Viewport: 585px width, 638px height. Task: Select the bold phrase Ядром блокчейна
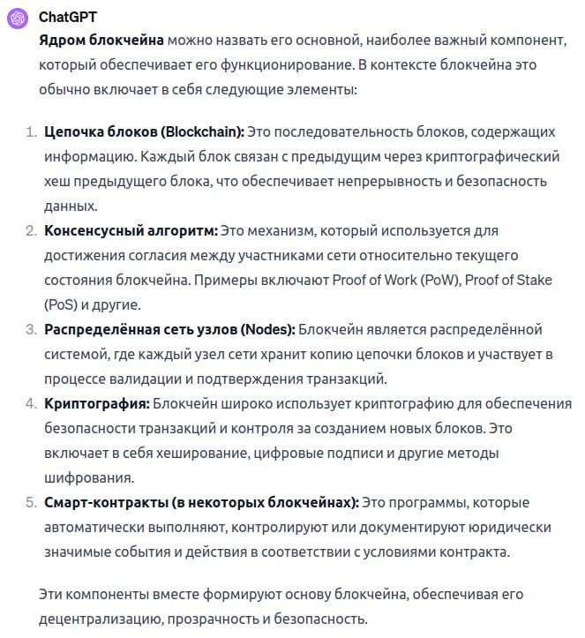[x=101, y=41]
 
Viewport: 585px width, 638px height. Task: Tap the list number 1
[x=30, y=132]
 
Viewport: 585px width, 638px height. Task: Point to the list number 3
[x=30, y=330]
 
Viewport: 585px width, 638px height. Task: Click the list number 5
[x=30, y=503]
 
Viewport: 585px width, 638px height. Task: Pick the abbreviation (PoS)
[x=60, y=305]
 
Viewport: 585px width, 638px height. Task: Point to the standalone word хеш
[x=56, y=182]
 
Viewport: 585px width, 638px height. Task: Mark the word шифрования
[x=87, y=478]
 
